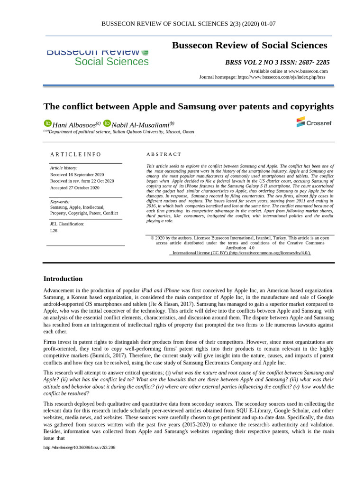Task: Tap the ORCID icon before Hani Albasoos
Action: (x=47, y=123)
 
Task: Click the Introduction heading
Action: (x=63, y=279)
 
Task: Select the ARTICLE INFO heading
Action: (x=76, y=154)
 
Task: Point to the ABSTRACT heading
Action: (x=164, y=154)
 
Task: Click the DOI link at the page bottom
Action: (x=79, y=448)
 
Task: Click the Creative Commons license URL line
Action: (x=242, y=253)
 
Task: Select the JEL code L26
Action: (x=54, y=231)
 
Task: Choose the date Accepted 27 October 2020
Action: (x=75, y=187)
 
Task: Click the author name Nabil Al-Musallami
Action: (x=140, y=125)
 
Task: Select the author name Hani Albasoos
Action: (x=74, y=125)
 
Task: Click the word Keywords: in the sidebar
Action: (x=60, y=202)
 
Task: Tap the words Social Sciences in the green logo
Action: (x=111, y=62)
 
